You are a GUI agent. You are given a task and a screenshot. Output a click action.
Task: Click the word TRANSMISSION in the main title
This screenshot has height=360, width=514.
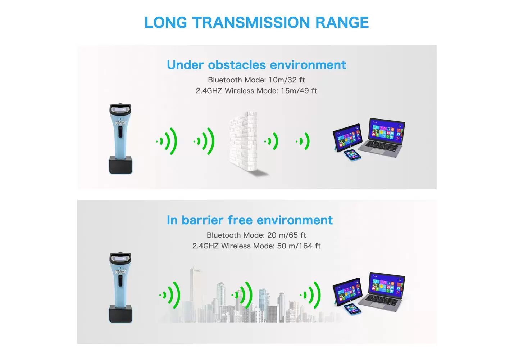251,22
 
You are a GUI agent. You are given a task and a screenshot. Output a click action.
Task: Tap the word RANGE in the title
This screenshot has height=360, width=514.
342,22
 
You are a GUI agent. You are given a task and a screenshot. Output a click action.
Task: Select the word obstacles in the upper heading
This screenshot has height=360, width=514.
237,65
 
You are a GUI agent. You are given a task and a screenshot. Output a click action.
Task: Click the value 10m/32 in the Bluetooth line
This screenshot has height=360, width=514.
282,80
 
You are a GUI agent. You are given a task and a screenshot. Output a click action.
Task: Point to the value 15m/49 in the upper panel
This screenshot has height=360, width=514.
295,91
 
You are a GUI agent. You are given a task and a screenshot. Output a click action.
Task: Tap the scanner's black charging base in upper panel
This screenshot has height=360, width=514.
120,165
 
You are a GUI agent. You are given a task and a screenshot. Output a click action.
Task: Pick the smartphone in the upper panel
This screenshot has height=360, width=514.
352,155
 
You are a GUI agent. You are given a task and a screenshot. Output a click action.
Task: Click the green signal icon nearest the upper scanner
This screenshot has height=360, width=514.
167,141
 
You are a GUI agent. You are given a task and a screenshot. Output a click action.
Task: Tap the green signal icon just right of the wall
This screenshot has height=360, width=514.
271,141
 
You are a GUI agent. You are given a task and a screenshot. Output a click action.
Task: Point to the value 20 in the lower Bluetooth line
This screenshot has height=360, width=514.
272,235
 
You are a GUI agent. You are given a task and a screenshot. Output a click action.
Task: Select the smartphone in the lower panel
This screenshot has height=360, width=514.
352,309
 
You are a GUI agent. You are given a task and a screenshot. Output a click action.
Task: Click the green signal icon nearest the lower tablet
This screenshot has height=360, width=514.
310,295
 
